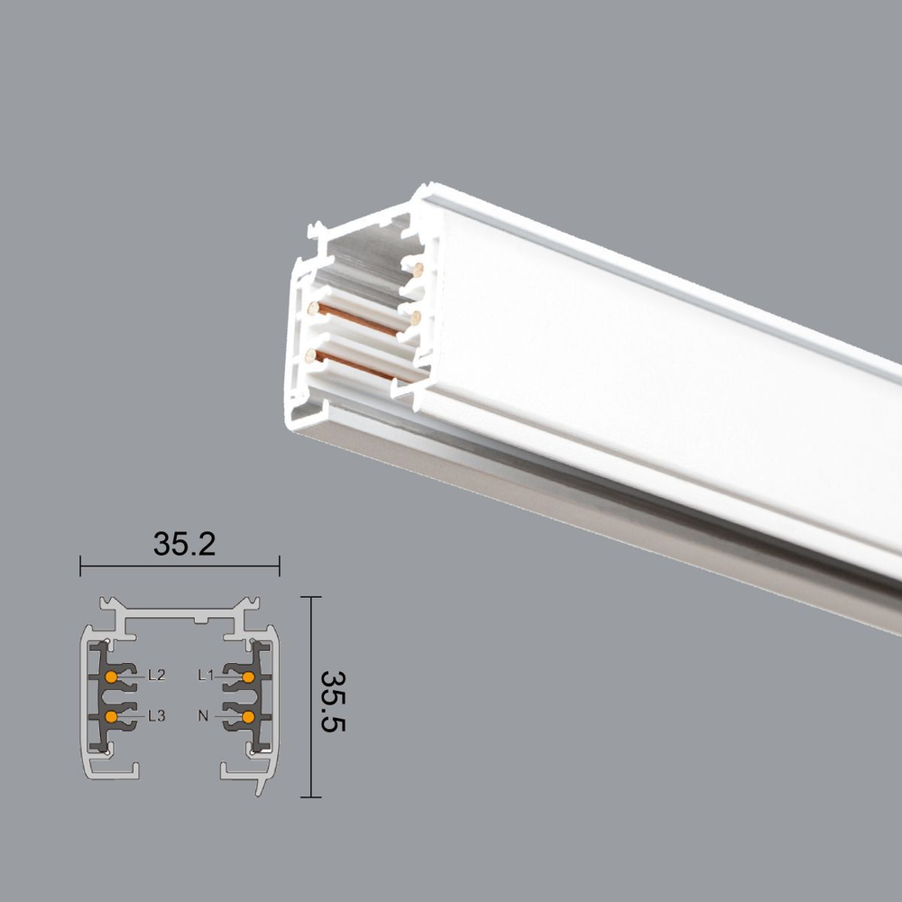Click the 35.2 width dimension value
[x=184, y=544]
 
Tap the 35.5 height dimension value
[x=335, y=700]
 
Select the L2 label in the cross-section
[x=156, y=675]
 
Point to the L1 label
[x=206, y=675]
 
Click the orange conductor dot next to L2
[x=110, y=676]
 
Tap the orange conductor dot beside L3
[x=110, y=717]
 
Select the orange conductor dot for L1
[x=247, y=676]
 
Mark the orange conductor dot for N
[x=247, y=717]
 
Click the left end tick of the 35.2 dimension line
[x=81, y=566]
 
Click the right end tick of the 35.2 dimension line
[x=279, y=566]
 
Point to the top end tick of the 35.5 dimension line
[x=310, y=597]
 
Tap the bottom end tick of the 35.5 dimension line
[x=310, y=797]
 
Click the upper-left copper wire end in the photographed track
[x=313, y=308]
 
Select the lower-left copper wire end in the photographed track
[x=311, y=356]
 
